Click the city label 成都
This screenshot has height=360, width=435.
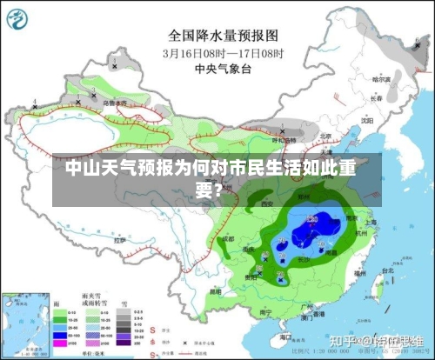pos(227,237)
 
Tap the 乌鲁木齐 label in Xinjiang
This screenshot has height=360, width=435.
pos(114,103)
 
